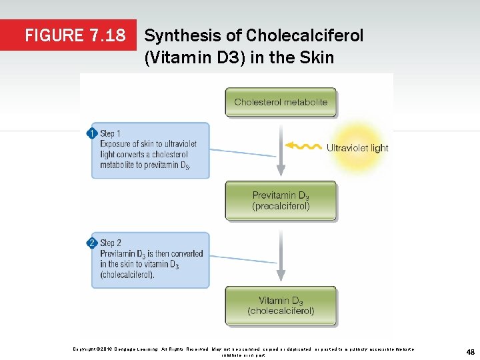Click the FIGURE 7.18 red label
point(75,35)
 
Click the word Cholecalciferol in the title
point(305,35)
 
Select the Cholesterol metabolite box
point(281,102)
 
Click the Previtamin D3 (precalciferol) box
point(281,201)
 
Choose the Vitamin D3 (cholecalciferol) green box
point(281,305)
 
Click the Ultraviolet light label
point(357,148)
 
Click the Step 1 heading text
point(111,134)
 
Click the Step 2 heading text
point(111,243)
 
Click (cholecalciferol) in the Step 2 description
point(127,275)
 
